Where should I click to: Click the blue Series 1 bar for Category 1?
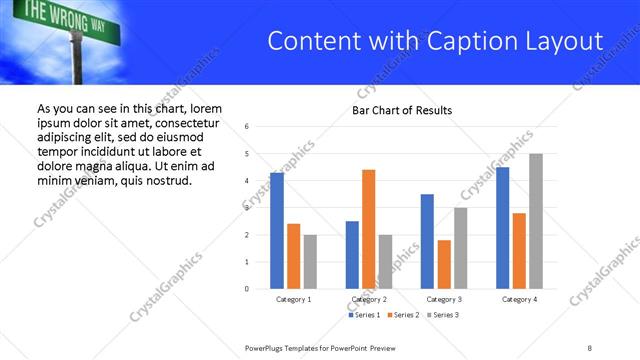click(x=277, y=231)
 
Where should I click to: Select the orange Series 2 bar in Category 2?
click(x=368, y=229)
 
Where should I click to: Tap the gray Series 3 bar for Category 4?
click(x=536, y=221)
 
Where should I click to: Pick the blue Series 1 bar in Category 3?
click(x=427, y=241)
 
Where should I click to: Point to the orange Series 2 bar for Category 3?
click(x=444, y=264)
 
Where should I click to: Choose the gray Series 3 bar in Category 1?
click(x=310, y=262)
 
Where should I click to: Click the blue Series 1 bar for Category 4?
click(x=502, y=228)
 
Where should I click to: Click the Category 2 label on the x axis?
click(x=369, y=299)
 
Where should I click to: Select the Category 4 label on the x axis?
click(x=519, y=299)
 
